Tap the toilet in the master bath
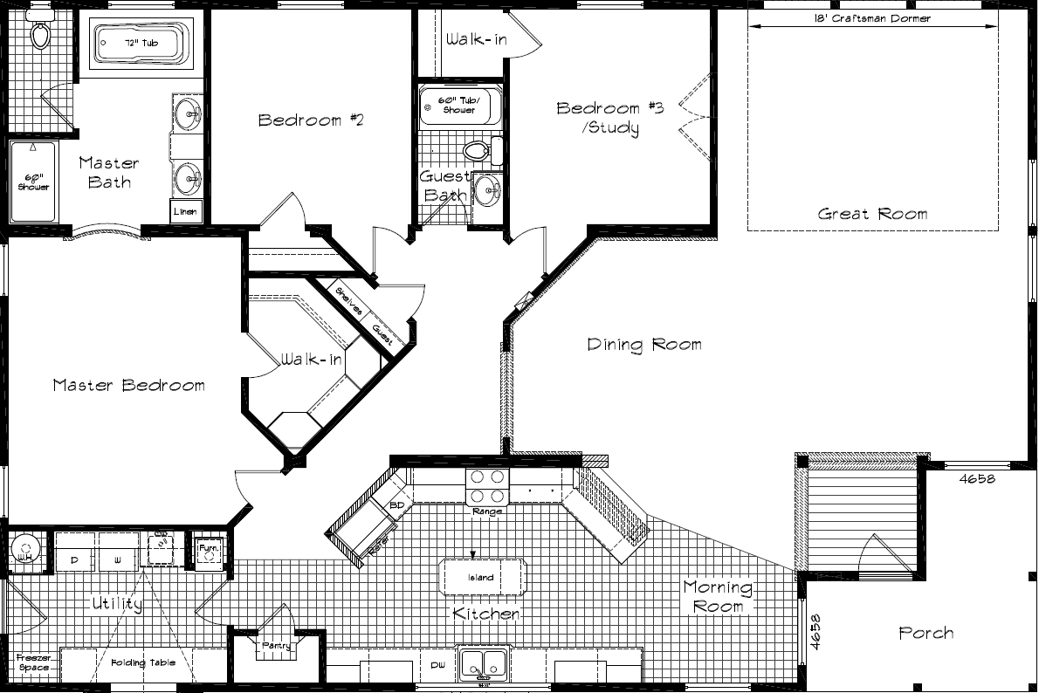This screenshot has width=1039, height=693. (x=40, y=33)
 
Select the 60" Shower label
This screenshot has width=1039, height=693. (x=32, y=182)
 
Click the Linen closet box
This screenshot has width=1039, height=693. (x=186, y=211)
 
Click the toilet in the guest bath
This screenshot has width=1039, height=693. (x=478, y=150)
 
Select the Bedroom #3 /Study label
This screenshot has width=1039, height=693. (x=610, y=118)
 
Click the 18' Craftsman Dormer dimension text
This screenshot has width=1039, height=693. (x=872, y=18)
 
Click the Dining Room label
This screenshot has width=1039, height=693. (x=644, y=345)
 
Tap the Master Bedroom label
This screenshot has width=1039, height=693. (x=128, y=385)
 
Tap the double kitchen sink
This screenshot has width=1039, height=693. (x=482, y=662)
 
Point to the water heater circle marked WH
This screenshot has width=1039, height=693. (x=24, y=549)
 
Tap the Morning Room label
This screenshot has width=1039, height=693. (x=718, y=596)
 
